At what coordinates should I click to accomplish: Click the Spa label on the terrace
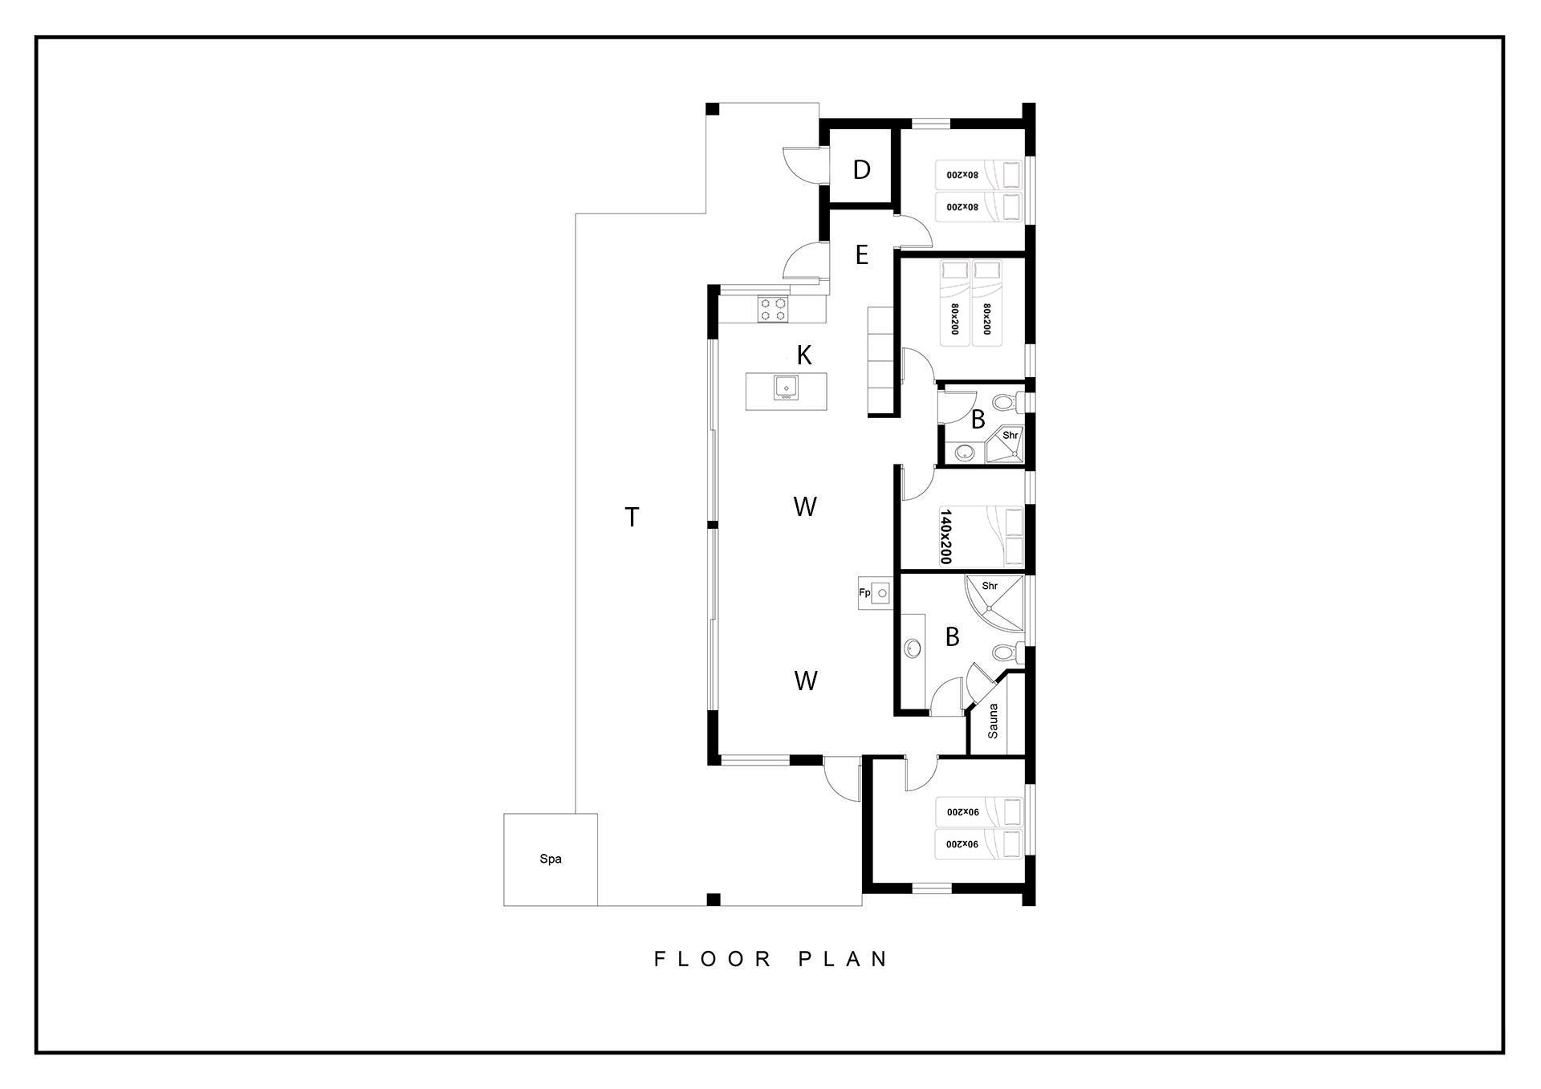551,859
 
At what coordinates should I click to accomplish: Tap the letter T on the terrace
632,518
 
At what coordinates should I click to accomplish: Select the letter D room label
862,169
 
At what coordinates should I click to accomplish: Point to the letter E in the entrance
862,255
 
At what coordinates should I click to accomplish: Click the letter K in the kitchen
804,354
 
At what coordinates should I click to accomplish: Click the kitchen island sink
225,387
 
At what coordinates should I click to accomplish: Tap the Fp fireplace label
864,593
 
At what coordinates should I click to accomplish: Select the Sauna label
994,721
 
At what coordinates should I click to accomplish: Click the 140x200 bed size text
945,536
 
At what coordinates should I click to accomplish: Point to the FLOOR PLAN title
770,959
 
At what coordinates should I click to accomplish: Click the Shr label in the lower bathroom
990,586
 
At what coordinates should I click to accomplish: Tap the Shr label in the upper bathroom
1010,436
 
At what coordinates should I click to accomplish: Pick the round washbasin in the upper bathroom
964,454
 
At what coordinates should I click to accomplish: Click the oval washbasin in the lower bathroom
913,648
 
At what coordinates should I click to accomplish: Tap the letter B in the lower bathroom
953,637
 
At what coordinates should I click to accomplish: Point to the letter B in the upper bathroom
978,419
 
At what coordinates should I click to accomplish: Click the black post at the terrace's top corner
712,109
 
